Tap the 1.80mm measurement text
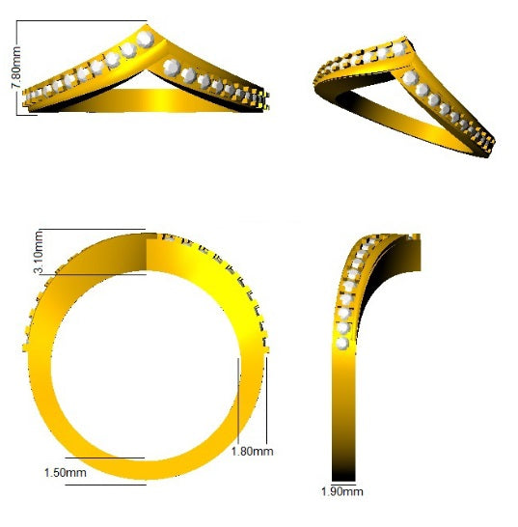point(253,450)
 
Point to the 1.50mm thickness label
point(66,473)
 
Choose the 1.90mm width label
point(341,492)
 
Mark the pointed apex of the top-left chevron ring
point(150,26)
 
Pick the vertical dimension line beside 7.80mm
point(21,69)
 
